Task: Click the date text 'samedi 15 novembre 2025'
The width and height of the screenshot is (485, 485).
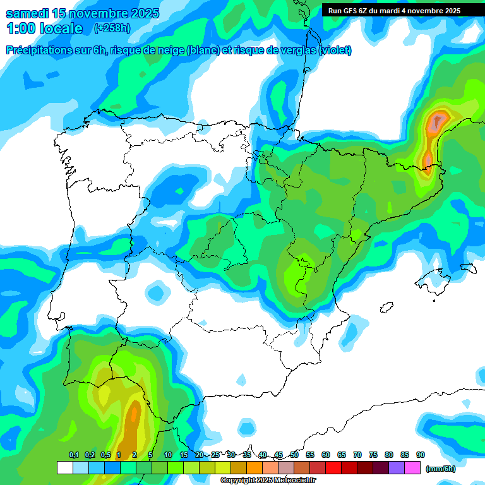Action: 83,13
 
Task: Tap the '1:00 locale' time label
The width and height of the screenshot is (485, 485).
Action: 45,28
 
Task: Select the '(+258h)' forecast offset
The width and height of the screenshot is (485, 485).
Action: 112,28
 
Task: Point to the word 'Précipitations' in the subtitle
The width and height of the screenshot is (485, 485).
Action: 39,51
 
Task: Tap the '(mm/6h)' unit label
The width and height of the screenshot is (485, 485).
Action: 440,469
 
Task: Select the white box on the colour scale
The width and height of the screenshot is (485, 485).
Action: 64,468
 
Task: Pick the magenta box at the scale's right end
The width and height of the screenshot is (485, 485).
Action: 413,468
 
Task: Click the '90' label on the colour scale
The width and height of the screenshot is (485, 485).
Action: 421,455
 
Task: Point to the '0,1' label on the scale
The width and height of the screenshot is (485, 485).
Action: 73,455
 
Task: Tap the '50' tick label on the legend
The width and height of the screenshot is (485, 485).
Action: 294,455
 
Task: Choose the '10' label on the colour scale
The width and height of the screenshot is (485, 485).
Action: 168,455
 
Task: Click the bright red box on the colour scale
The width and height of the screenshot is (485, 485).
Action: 333,468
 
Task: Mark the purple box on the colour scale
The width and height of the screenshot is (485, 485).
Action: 397,468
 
